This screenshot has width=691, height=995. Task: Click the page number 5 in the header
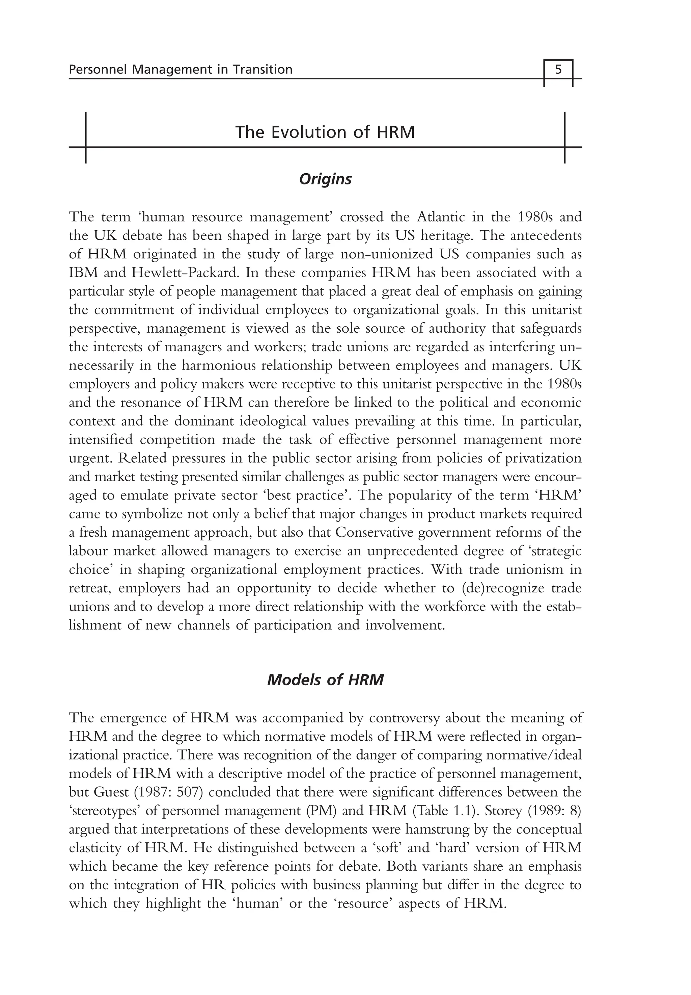coord(558,69)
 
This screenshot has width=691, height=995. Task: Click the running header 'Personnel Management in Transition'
coord(181,69)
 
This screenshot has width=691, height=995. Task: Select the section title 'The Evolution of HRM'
coord(325,132)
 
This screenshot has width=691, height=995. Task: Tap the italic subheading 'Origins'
coord(325,179)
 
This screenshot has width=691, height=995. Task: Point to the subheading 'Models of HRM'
coord(325,680)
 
